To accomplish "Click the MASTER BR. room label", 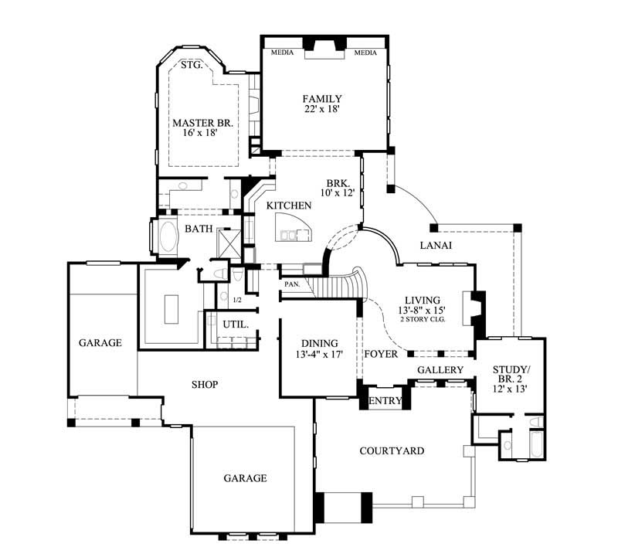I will coord(202,123).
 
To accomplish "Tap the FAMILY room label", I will coord(322,99).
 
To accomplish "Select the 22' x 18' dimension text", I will coord(322,110).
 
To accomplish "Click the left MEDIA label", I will coord(280,53).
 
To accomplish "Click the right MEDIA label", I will coord(365,53).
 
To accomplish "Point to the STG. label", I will coord(192,66).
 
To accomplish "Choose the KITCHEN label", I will coord(289,206).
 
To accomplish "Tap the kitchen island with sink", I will coord(294,229).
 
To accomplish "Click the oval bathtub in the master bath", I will coord(166,236).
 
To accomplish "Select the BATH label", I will coord(198,229).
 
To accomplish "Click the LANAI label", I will coord(435,246).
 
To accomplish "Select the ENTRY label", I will coord(385,401).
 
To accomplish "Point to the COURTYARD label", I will coord(392,450).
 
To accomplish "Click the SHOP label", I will coord(205,384).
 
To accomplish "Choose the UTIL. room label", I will coord(236,325).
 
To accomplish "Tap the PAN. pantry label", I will coord(291,284).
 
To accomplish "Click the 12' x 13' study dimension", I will coord(510,391).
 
